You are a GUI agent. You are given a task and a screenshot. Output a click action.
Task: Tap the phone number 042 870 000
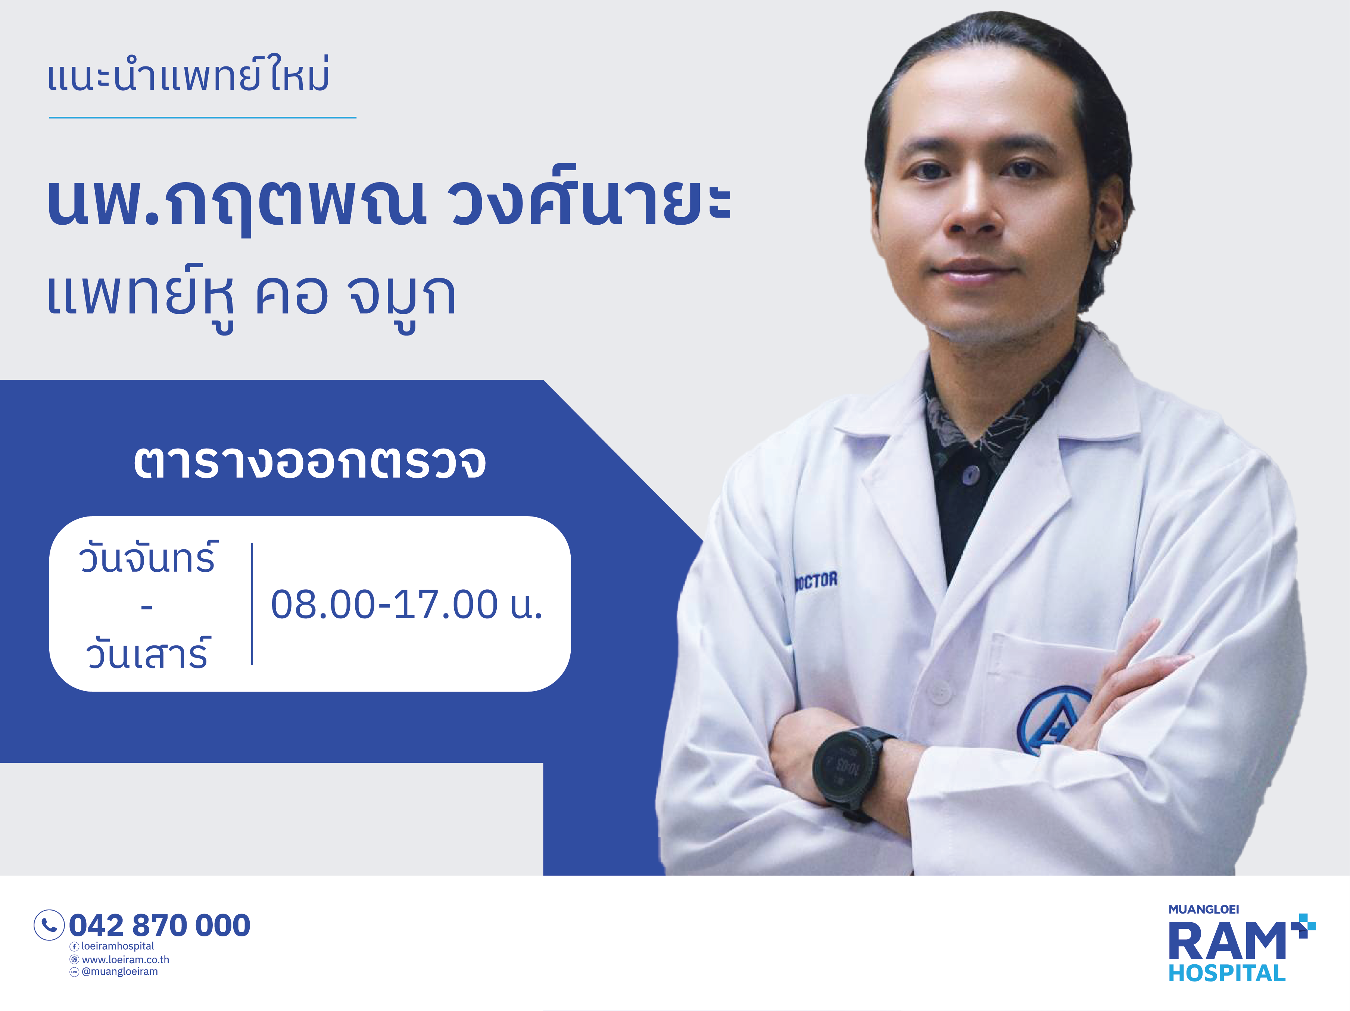point(159,925)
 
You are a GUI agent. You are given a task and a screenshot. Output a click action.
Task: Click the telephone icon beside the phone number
point(49,925)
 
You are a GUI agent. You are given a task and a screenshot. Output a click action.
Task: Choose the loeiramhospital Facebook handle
point(117,946)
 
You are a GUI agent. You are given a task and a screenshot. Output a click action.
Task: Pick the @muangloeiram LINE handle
point(119,971)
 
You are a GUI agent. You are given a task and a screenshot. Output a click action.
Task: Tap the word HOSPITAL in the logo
point(1227,973)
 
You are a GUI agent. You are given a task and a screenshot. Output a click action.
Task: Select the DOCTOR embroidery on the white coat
point(816,580)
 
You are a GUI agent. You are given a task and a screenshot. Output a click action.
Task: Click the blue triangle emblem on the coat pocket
point(1051,720)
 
